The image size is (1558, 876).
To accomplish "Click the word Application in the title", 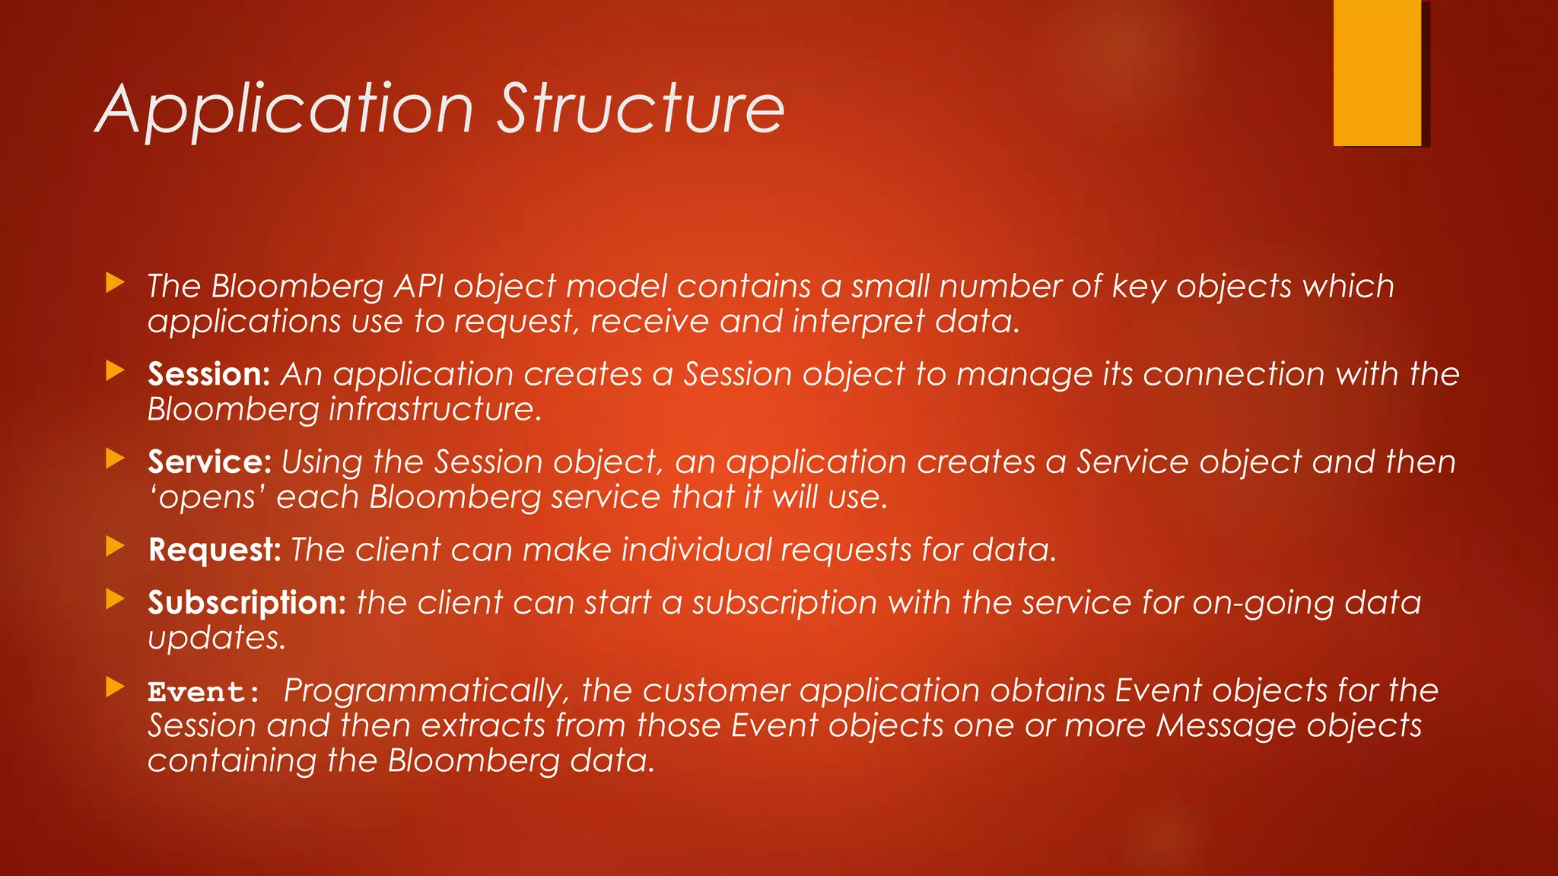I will tap(285, 110).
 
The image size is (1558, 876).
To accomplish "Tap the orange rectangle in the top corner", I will tap(1377, 72).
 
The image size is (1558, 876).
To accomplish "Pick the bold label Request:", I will tap(215, 550).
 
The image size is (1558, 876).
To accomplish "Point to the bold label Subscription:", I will tap(246, 603).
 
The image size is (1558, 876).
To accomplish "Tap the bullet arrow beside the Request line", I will tap(115, 546).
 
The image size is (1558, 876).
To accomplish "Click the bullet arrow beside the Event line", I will tap(115, 687).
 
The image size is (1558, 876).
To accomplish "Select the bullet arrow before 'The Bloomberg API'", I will tap(115, 283).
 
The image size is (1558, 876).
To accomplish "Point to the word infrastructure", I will tap(434, 410).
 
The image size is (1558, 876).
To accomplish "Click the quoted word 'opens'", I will tap(207, 498).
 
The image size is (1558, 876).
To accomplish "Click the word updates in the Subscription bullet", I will tap(216, 638).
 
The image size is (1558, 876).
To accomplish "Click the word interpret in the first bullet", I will tap(858, 322).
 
